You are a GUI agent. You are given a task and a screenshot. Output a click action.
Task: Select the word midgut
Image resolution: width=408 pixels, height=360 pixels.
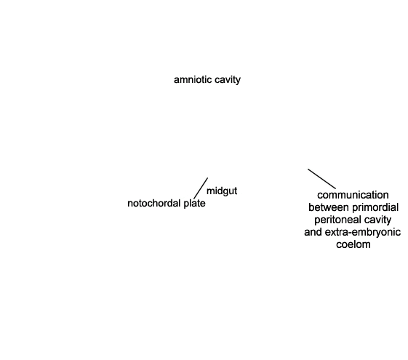(222, 191)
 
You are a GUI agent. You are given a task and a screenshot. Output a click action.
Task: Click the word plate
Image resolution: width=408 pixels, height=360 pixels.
(194, 204)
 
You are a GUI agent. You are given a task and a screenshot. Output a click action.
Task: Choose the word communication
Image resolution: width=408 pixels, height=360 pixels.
(353, 195)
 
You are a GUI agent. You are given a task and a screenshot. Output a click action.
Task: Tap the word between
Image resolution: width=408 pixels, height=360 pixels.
(329, 207)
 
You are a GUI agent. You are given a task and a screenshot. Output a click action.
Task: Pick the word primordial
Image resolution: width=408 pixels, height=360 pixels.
(375, 207)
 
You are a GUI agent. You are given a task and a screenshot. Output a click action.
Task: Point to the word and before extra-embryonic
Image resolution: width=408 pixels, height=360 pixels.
(313, 232)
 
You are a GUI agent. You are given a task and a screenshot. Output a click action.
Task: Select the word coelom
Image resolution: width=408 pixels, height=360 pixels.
(353, 244)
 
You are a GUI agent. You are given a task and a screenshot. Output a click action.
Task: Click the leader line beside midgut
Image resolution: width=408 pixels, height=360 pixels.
(201, 188)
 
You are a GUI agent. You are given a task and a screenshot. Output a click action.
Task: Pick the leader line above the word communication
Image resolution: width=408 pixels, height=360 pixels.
(322, 179)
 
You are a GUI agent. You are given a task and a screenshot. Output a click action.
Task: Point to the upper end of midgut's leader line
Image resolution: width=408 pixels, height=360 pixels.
(208, 178)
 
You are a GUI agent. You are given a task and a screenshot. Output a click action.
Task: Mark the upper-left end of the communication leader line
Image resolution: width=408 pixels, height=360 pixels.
(308, 169)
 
